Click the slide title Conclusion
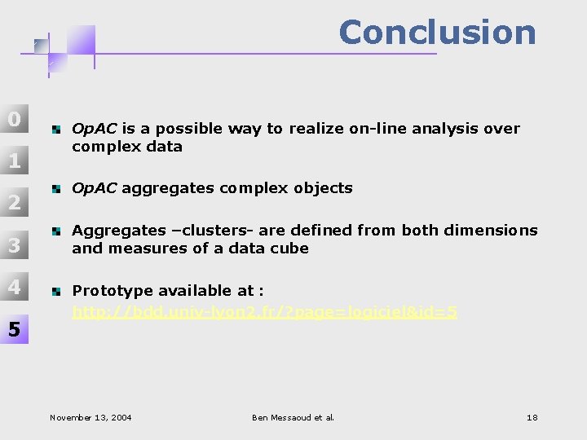[x=437, y=33]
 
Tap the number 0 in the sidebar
[x=14, y=119]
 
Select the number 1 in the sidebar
[x=14, y=161]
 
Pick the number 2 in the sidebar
[x=14, y=202]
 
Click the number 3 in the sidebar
[x=14, y=244]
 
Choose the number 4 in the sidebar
[x=14, y=287]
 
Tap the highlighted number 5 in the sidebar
[x=14, y=329]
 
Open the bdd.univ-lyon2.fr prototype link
[x=265, y=311]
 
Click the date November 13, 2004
[x=90, y=417]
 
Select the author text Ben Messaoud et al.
[x=293, y=417]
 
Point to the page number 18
[x=532, y=417]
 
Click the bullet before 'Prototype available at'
[x=55, y=291]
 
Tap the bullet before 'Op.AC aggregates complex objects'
[x=55, y=188]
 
